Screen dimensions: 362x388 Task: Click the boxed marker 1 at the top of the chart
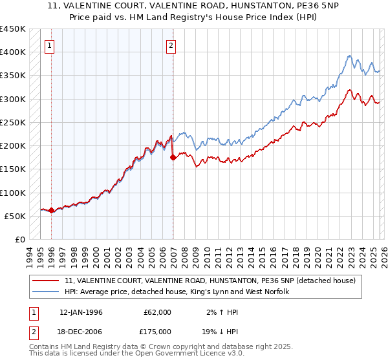click(50, 45)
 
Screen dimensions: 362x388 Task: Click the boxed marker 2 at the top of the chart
click(171, 45)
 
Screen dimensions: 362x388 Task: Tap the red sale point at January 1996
click(51, 210)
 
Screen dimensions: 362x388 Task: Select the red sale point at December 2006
click(173, 157)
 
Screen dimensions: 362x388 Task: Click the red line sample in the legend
click(47, 281)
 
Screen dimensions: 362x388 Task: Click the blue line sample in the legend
click(47, 292)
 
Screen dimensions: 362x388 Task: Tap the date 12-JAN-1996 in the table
click(81, 312)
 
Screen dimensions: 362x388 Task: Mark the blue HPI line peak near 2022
click(349, 56)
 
